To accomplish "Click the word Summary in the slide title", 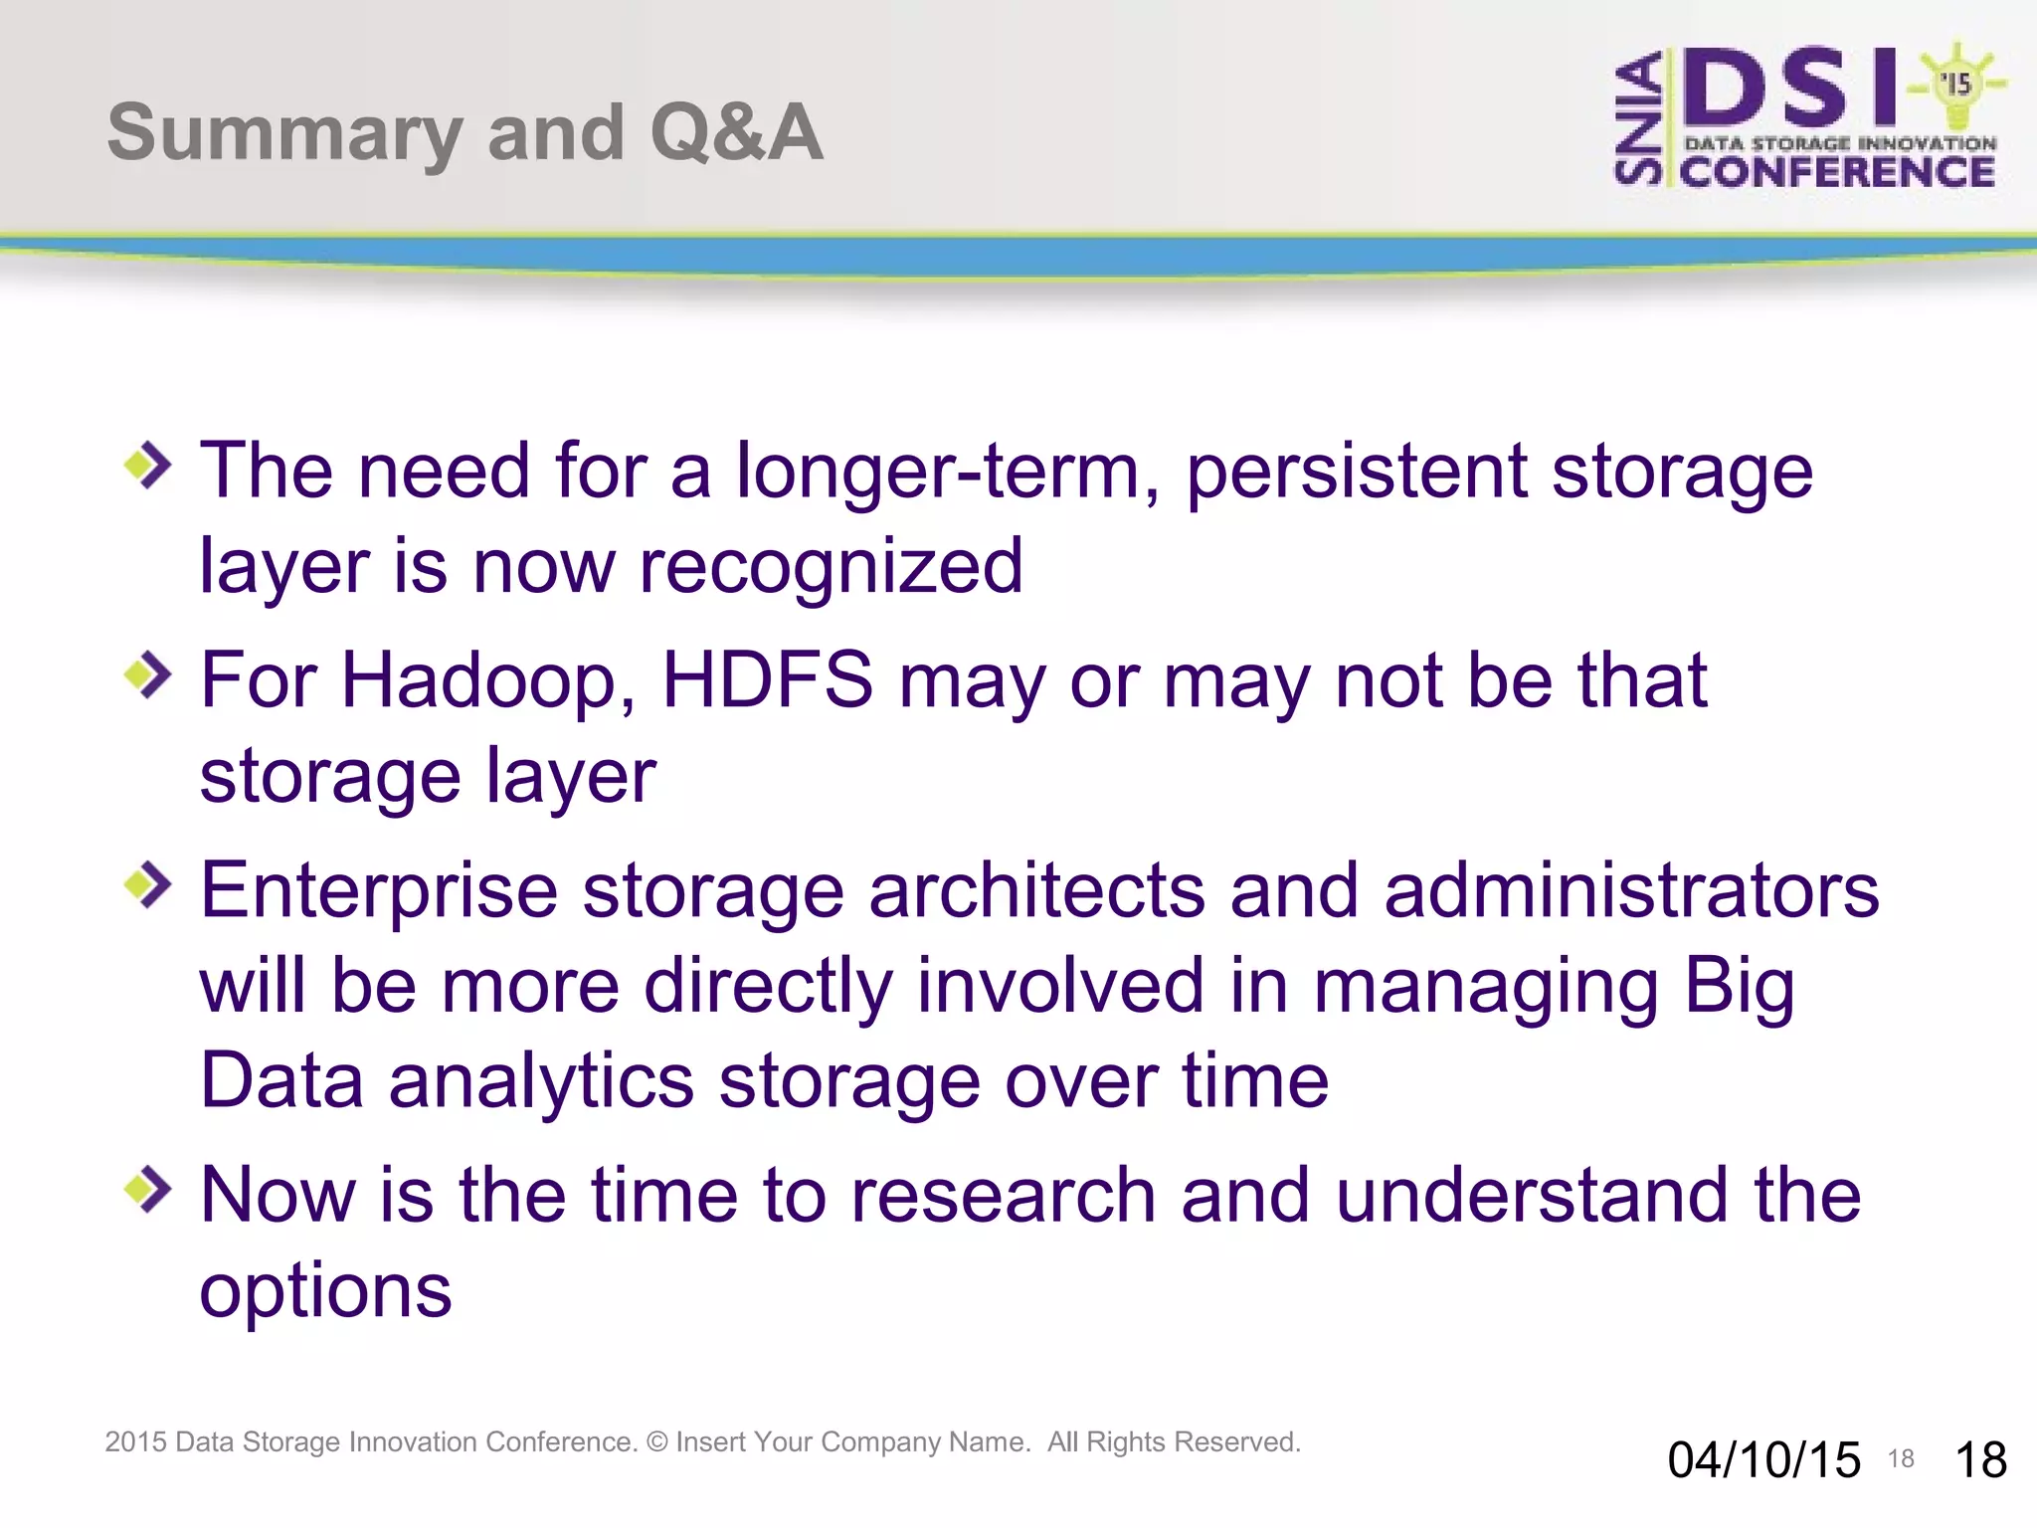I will [x=283, y=134].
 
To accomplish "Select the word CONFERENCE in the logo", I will [x=1837, y=172].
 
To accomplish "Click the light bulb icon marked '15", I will [x=1956, y=84].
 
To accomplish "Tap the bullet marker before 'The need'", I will [x=148, y=465].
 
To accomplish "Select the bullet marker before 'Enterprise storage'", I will [x=148, y=884].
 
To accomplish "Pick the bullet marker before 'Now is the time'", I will [x=148, y=1189].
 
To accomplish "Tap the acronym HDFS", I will [x=767, y=680].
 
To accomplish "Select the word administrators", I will [x=1631, y=890].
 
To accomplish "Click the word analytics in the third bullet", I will [x=541, y=1082].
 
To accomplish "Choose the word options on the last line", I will [x=325, y=1291].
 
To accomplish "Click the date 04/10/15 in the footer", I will [x=1763, y=1460].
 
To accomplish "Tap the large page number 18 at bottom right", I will [x=1980, y=1460].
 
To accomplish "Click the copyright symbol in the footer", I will [x=656, y=1442].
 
